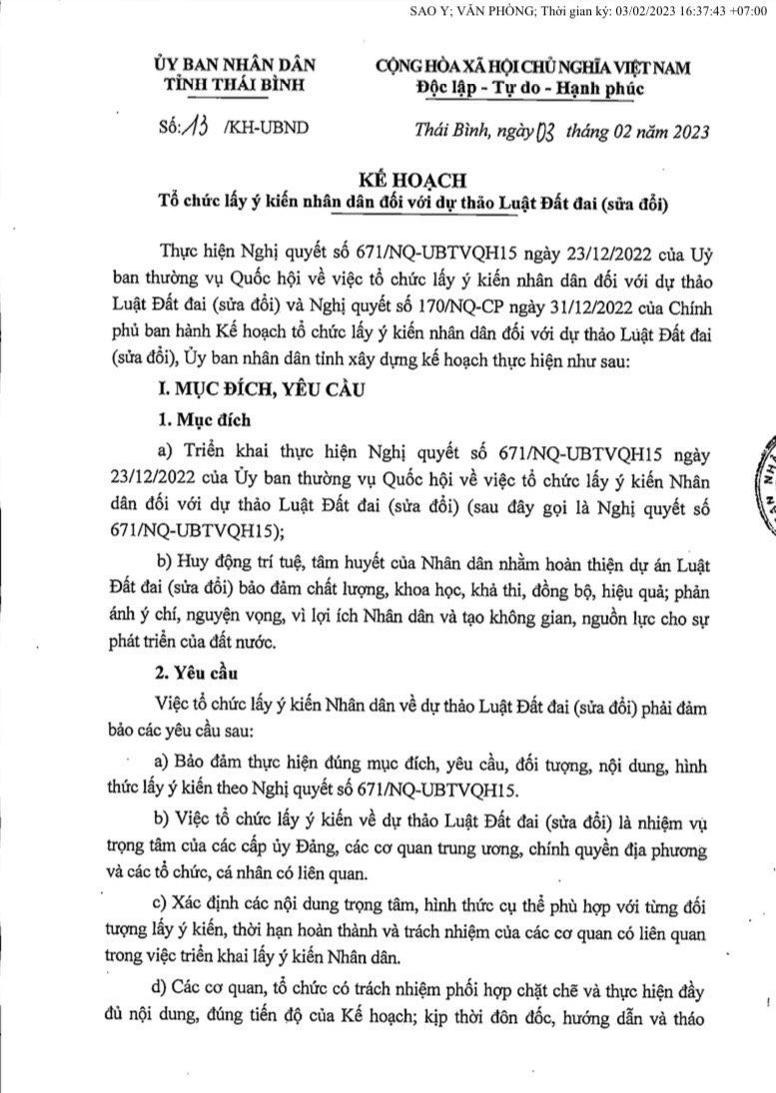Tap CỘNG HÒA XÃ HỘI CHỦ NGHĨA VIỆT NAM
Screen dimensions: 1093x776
(x=532, y=67)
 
